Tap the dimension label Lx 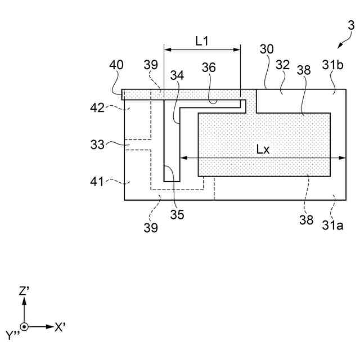263,150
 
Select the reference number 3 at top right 351,25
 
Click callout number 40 116,65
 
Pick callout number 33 97,145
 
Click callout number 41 98,182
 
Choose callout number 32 282,65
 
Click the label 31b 332,65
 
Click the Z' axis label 24,291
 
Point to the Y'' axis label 12,336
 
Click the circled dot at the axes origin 24,327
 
